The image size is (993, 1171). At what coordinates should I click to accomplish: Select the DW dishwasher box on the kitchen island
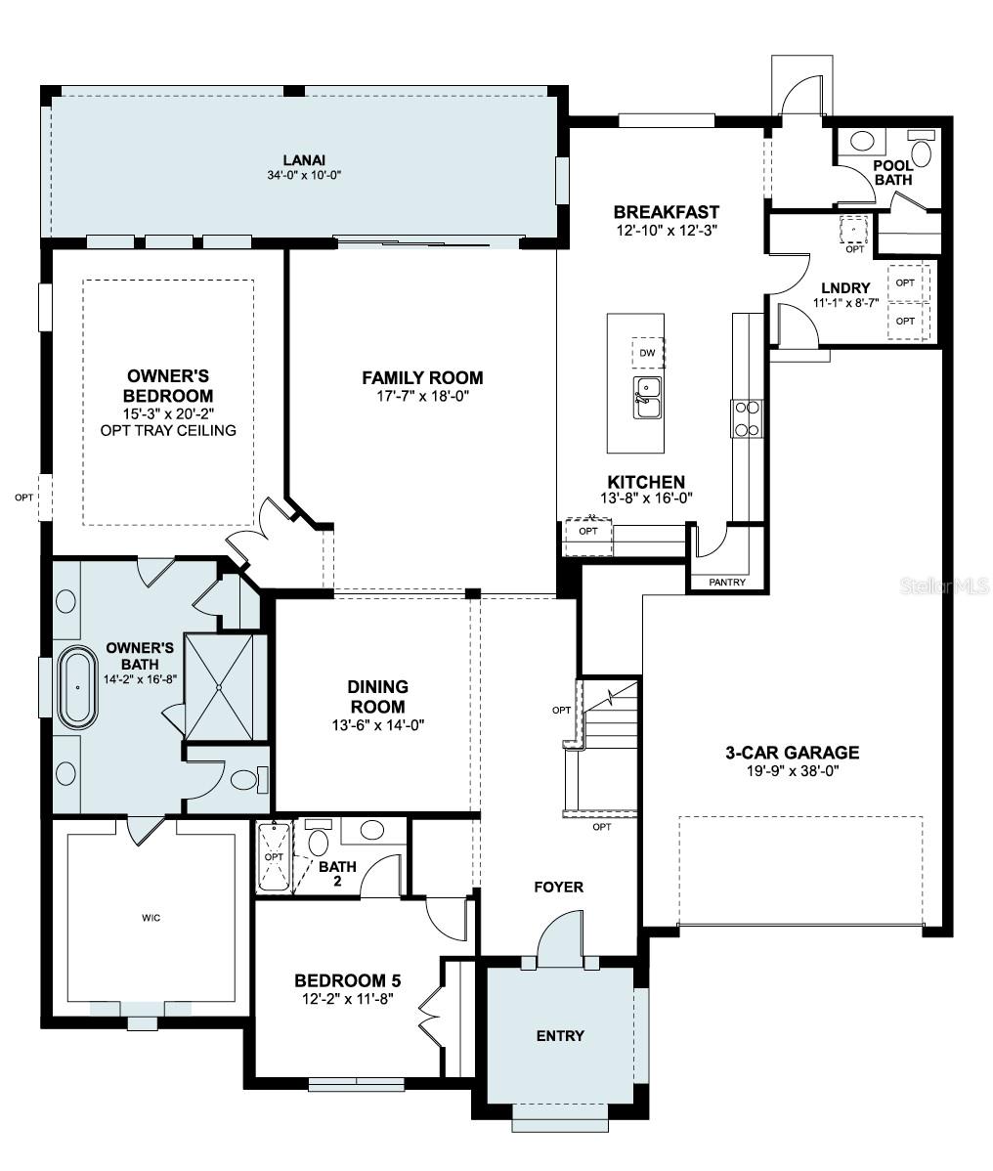point(646,353)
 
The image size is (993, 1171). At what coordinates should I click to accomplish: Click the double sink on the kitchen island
point(646,398)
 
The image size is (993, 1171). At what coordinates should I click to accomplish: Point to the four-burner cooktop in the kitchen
point(747,418)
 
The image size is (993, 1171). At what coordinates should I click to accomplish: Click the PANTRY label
point(726,583)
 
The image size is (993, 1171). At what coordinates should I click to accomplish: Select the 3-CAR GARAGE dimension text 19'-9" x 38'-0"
point(792,770)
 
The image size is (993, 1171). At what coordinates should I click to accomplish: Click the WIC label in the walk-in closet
point(151,918)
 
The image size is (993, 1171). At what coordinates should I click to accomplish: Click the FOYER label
point(558,888)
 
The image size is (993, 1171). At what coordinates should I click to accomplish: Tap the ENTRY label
point(560,1036)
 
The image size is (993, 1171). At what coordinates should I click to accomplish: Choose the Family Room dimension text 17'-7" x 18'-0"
point(422,396)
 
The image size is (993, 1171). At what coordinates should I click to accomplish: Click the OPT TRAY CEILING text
point(168,430)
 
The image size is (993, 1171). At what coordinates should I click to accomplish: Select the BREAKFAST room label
point(666,212)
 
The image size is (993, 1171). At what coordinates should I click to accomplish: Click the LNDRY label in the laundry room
point(845,288)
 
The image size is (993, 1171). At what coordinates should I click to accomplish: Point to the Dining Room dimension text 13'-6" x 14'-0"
point(377,724)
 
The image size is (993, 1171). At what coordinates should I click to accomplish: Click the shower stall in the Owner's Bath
point(225,686)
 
